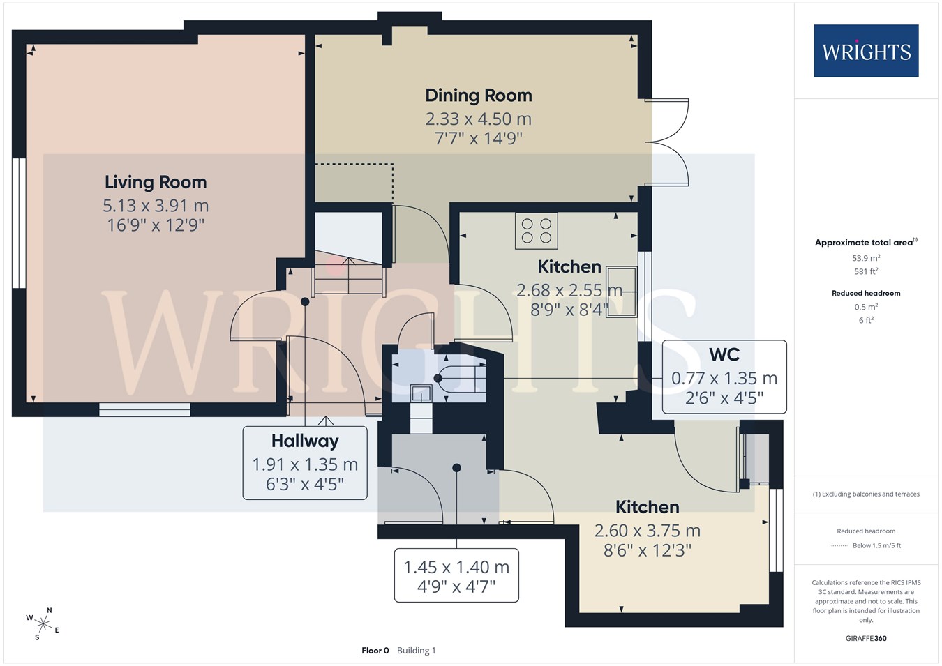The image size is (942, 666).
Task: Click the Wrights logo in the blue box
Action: [866, 51]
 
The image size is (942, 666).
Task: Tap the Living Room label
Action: [156, 182]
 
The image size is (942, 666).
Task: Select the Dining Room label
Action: [479, 96]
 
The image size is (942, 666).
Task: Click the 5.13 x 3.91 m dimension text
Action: [156, 206]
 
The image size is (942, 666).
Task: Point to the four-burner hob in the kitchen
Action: [537, 231]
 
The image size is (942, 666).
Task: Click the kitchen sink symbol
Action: [621, 292]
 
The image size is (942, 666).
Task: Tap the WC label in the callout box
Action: [724, 355]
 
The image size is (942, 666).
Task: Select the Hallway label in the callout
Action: [305, 441]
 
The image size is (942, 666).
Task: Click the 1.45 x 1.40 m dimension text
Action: [456, 567]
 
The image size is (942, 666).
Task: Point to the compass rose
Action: [43, 624]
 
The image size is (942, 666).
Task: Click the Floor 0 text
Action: [375, 651]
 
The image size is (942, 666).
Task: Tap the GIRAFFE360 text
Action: [866, 638]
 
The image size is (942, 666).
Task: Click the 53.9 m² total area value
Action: [866, 257]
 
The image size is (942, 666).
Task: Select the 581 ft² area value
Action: [866, 271]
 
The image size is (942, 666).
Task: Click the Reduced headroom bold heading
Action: [866, 293]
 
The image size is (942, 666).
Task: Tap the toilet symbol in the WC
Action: [461, 379]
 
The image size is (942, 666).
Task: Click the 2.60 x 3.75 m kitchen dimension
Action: [648, 531]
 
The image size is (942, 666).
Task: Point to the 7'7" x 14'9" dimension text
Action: [479, 138]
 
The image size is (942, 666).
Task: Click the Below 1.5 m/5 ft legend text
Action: [877, 545]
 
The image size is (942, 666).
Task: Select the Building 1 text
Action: [417, 651]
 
